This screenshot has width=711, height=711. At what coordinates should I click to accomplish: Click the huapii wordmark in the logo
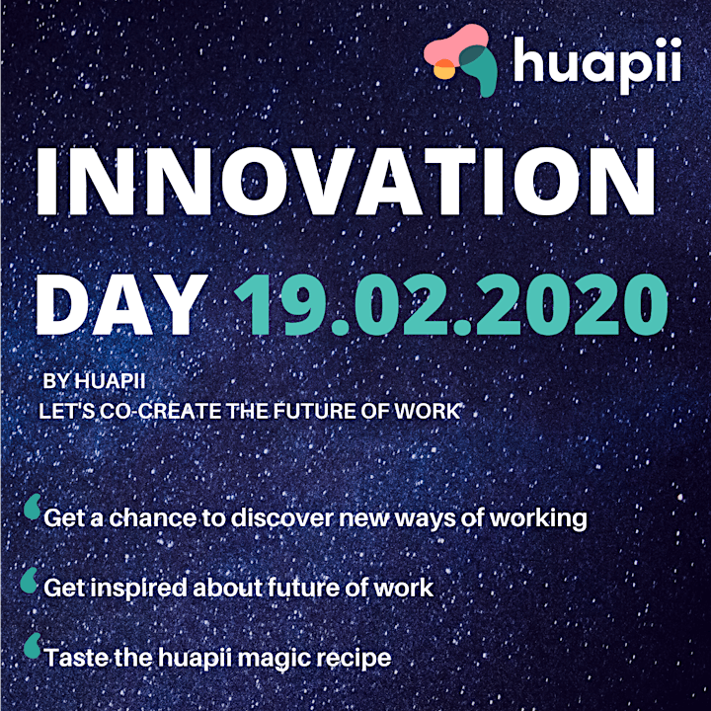click(597, 65)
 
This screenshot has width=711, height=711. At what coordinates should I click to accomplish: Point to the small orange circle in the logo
click(444, 69)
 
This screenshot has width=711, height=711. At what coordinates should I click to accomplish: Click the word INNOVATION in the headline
click(346, 182)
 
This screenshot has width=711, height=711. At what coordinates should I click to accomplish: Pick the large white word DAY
click(121, 305)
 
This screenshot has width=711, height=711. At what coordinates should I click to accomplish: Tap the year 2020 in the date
click(572, 305)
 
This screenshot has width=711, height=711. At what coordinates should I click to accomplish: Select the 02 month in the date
click(400, 305)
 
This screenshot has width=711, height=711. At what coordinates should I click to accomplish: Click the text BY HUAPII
click(95, 381)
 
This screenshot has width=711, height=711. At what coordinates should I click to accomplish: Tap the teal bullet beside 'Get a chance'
click(33, 507)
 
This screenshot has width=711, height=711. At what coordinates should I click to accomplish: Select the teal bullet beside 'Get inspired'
click(29, 580)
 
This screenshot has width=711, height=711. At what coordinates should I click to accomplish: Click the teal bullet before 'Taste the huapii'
click(33, 646)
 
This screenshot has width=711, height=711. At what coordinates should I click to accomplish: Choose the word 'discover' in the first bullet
click(282, 517)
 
